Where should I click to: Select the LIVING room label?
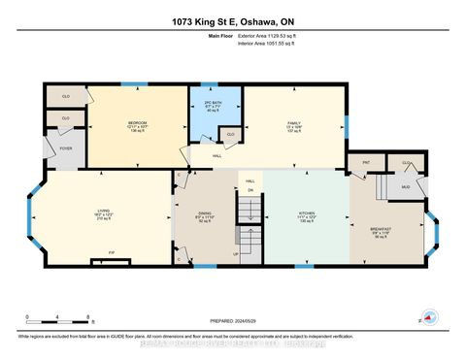point(102,213)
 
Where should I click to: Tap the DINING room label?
point(206,214)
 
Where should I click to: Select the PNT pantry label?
point(366,163)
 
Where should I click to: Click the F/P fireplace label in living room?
point(98,260)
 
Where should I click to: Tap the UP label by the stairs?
point(234,255)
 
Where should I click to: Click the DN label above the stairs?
point(250,190)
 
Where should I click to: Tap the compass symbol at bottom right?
point(429,318)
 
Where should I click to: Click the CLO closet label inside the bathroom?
point(230,134)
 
